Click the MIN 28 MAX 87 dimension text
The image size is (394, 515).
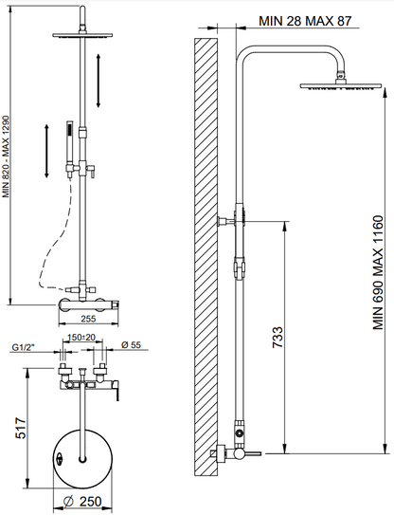click(x=305, y=21)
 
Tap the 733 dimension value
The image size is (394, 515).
click(x=278, y=337)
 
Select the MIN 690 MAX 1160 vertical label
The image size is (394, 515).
click(x=378, y=272)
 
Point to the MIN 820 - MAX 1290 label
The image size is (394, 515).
click(x=7, y=156)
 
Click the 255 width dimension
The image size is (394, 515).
click(x=88, y=319)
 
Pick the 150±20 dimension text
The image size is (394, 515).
click(x=81, y=338)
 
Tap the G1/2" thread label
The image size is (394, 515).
click(x=24, y=347)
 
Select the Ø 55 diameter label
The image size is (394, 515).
click(x=131, y=344)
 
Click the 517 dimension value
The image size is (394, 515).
click(x=21, y=428)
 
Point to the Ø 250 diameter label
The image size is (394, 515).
click(x=82, y=501)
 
